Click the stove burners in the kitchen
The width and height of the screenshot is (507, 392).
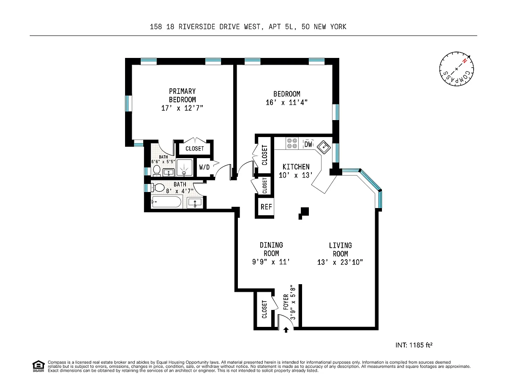pyautogui.click(x=292, y=143)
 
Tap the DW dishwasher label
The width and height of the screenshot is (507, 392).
pyautogui.click(x=308, y=144)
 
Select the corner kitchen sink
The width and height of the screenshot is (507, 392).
pyautogui.click(x=324, y=147)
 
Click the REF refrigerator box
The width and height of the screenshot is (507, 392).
pyautogui.click(x=266, y=207)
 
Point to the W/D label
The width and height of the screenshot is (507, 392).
pyautogui.click(x=204, y=167)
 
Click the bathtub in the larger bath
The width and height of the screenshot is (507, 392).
pyautogui.click(x=166, y=202)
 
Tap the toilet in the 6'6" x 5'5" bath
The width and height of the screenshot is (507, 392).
pyautogui.click(x=157, y=171)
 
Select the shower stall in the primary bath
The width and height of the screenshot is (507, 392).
pyautogui.click(x=184, y=167)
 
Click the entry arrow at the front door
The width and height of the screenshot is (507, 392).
pyautogui.click(x=286, y=330)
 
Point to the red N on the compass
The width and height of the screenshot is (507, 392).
pyautogui.click(x=465, y=61)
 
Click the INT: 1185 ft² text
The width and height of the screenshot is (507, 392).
pyautogui.click(x=414, y=345)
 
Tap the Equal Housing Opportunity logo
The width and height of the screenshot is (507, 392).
pyautogui.click(x=38, y=366)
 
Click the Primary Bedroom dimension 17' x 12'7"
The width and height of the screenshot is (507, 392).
pyautogui.click(x=182, y=108)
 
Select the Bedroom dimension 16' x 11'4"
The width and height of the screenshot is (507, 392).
pyautogui.click(x=287, y=102)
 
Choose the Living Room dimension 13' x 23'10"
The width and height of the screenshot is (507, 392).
pyautogui.click(x=340, y=263)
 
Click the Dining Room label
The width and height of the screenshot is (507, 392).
pyautogui.click(x=271, y=249)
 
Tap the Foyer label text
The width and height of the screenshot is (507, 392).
pyautogui.click(x=286, y=302)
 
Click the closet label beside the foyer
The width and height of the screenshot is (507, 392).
pyautogui.click(x=264, y=310)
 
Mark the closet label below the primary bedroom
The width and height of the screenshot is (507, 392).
pyautogui.click(x=195, y=149)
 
